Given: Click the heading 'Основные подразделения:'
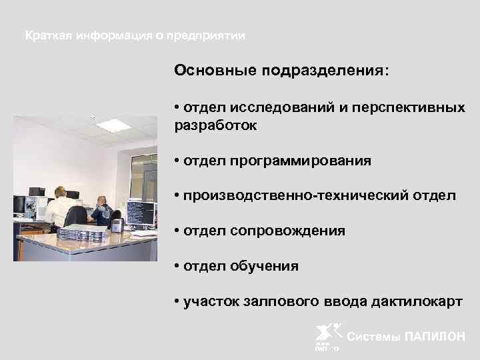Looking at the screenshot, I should click(280, 70).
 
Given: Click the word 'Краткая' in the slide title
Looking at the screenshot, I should click(47, 35).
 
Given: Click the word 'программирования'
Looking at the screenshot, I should click(301, 161).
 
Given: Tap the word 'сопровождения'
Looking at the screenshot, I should click(288, 231).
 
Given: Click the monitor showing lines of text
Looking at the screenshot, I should click(141, 213).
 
